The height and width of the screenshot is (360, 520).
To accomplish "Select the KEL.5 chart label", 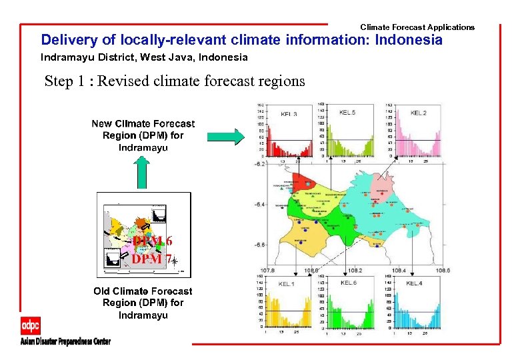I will (x=347, y=113).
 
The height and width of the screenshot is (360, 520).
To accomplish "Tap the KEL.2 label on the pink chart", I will (x=419, y=113).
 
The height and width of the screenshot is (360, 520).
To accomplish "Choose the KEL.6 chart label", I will (x=349, y=283).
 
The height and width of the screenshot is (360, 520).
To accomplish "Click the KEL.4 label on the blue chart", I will (x=414, y=284).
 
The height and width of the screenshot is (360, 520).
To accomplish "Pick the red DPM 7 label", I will (x=151, y=259).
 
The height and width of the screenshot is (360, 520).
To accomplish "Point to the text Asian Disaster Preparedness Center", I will (x=65, y=341).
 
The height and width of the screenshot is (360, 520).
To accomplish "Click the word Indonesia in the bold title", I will (x=409, y=40).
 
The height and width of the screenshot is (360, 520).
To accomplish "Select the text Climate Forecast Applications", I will (x=417, y=27).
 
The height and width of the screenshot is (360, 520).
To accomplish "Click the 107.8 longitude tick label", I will (x=268, y=271).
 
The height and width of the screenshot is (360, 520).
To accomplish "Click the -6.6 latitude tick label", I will (x=260, y=245).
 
